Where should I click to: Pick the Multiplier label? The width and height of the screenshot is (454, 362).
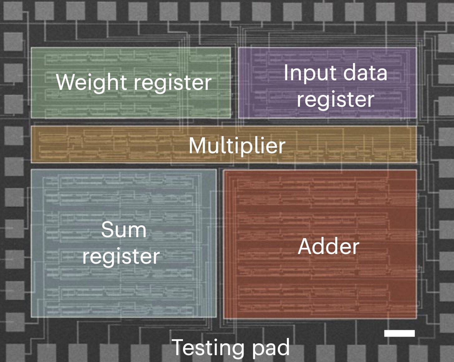coord(237,145)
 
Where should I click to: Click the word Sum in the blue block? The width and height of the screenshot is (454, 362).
coord(124,230)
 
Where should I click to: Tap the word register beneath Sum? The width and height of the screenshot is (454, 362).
coord(121,257)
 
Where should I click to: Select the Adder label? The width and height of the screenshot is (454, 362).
coord(328,246)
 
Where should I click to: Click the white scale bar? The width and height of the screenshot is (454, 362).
coord(399,333)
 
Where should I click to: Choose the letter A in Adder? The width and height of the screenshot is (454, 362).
coord(305,246)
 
